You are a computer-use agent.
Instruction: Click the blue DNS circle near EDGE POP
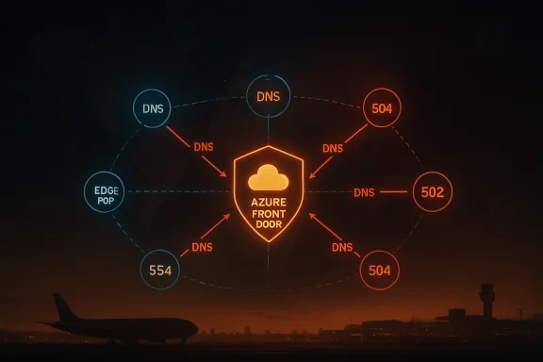pyautogui.click(x=153, y=109)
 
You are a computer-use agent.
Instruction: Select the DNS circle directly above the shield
pyautogui.click(x=268, y=96)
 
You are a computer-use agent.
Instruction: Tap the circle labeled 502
pyautogui.click(x=433, y=191)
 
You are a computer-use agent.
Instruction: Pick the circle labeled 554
pyautogui.click(x=160, y=270)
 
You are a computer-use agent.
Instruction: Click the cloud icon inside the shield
pyautogui.click(x=269, y=179)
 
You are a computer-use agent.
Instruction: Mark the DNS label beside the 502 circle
pyautogui.click(x=364, y=192)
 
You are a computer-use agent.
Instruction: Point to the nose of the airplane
pyautogui.click(x=195, y=329)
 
